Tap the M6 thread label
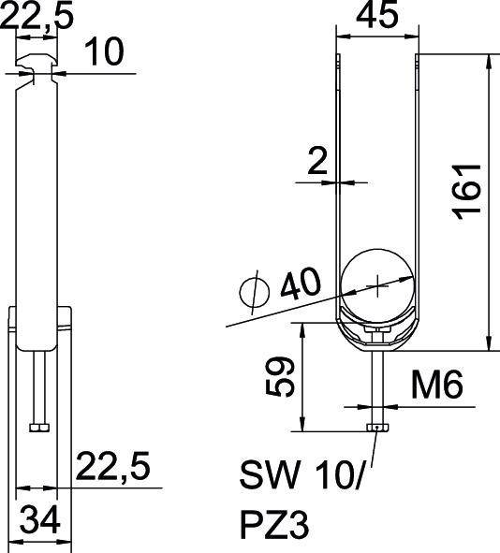point(436,386)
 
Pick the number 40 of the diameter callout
point(298,283)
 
